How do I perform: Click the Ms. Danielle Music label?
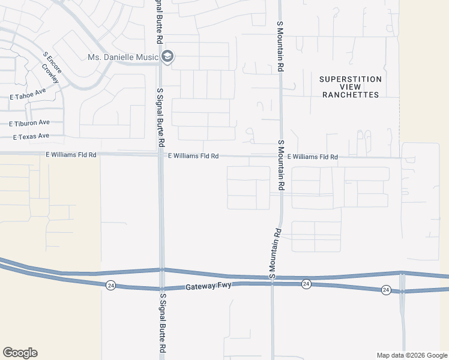coord(123,57)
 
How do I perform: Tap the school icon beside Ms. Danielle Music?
coord(167,57)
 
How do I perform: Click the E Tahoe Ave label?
coord(28,94)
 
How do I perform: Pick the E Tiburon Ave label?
coord(29,123)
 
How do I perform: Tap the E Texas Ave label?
coord(31,136)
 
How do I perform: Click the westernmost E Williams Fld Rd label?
coord(71,155)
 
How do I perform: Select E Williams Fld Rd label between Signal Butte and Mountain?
coord(193,156)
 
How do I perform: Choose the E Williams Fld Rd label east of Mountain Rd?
coord(312,157)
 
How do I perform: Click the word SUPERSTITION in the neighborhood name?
coord(351,79)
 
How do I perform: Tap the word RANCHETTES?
coord(351,95)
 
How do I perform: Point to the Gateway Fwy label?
coord(204,287)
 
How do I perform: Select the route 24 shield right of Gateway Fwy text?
coord(306,283)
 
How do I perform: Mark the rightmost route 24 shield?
coord(386,290)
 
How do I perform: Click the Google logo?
coord(20,353)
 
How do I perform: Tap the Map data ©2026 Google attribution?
coord(411,355)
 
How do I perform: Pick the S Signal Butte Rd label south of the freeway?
coord(162,323)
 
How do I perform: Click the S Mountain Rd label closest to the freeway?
coord(275,254)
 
